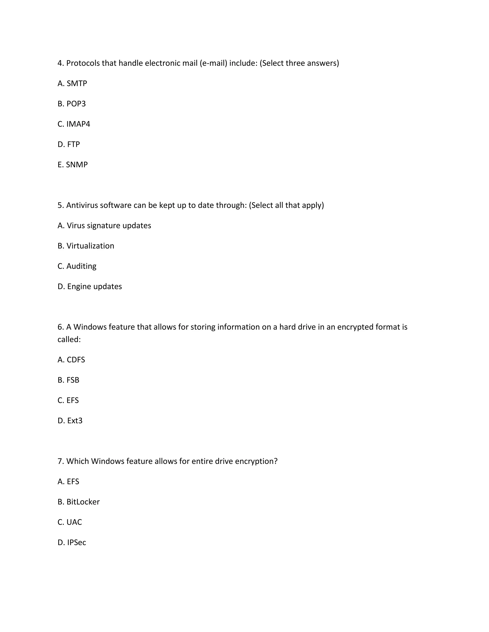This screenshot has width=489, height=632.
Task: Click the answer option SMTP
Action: point(72,83)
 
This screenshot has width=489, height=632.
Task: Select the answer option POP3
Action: point(72,104)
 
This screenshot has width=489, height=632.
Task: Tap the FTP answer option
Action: point(69,144)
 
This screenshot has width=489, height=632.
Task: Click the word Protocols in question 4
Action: point(83,63)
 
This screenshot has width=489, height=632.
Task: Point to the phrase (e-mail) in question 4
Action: point(213,63)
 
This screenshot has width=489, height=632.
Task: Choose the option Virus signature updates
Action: point(104,225)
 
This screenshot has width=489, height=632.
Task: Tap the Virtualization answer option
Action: point(86,246)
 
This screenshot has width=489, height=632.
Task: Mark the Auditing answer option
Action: point(77,266)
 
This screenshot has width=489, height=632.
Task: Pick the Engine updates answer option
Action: point(90,286)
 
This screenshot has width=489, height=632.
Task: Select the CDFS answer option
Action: point(71,360)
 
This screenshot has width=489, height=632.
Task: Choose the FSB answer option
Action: point(68,380)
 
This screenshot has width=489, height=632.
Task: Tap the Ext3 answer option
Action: point(70,420)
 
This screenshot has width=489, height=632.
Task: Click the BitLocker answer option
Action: point(79,502)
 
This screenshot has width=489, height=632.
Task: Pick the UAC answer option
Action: point(70,522)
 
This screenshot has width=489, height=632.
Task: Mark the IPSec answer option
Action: point(72,542)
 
